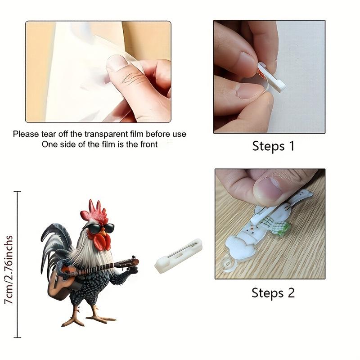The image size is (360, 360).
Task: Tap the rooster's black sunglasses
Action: [x=100, y=228]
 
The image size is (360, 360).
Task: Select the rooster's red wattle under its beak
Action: [x=103, y=242]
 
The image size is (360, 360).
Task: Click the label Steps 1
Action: [x=273, y=146]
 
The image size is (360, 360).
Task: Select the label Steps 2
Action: [x=273, y=293]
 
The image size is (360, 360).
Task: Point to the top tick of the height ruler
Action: [x=18, y=192]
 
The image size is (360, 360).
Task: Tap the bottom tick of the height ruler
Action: [x=18, y=337]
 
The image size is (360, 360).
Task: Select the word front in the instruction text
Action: [x=148, y=144]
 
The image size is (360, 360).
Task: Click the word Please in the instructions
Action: [x=25, y=134]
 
